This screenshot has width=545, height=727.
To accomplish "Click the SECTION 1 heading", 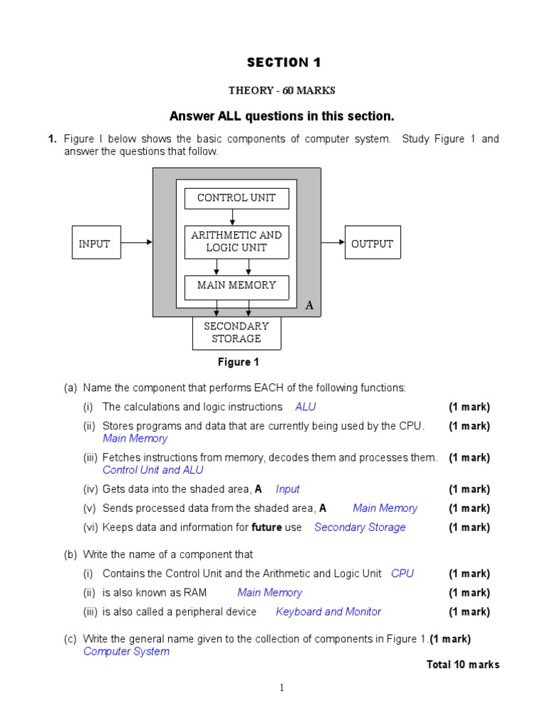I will point(284,62).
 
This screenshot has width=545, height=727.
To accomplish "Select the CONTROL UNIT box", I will point(236,198).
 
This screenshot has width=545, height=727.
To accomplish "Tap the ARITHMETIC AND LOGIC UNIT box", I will point(236,241).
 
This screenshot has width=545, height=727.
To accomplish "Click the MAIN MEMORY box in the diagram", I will point(236,285).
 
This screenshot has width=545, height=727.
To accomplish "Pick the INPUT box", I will point(94,244).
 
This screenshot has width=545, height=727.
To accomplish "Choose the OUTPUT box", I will point(372,244).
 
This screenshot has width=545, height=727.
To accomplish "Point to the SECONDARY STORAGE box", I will point(236,332).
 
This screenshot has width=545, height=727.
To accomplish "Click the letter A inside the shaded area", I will point(309,305).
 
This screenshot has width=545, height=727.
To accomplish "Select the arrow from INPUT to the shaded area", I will point(136,242).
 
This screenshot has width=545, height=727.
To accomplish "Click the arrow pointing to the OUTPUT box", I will point(333,242).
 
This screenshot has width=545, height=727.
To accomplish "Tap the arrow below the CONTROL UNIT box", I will point(233,217).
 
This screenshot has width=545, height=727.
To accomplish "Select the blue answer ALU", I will point(305,407).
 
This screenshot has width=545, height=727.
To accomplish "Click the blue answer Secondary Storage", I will point(360,528).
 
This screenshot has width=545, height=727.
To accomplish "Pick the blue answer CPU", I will point(402,574).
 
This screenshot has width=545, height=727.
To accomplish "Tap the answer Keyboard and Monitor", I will point(328,612).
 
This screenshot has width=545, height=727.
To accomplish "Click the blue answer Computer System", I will point(126,652).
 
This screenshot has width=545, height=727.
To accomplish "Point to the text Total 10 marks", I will point(463,665).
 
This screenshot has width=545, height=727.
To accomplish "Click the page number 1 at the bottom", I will point(282,687).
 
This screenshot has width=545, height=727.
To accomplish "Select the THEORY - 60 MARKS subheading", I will point(282,90).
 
